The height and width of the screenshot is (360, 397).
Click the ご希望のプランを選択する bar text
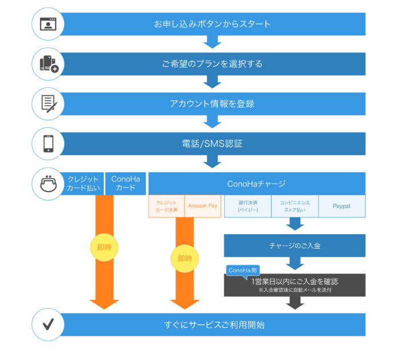[212, 64]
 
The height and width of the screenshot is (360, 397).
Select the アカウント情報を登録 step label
[212, 104]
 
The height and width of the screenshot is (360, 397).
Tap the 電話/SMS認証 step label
[212, 143]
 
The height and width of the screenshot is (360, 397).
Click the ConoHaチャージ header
[256, 183]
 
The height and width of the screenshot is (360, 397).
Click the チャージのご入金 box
[295, 246]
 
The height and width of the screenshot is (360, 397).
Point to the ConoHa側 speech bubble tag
[244, 270]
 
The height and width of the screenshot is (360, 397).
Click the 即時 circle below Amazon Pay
[184, 258]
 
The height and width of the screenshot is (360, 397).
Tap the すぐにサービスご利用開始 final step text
[212, 325]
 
